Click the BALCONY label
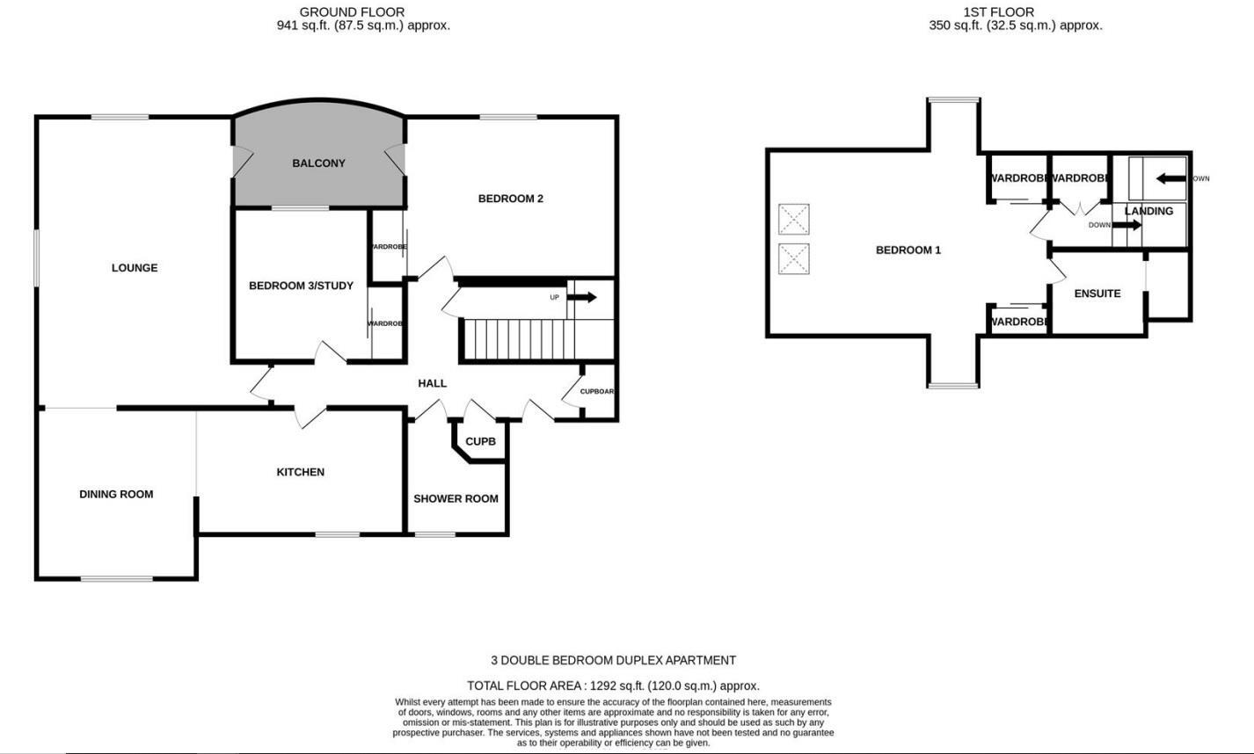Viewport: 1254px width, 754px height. (x=318, y=163)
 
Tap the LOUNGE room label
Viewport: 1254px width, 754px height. (x=135, y=268)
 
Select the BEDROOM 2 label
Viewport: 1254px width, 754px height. (x=510, y=199)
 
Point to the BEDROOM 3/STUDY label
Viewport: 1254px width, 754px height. (x=301, y=286)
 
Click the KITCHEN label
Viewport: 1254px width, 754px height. (x=301, y=473)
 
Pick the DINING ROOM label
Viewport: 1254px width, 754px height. (x=116, y=495)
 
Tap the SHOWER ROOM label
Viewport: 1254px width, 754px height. (x=456, y=499)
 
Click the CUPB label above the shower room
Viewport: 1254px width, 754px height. (x=480, y=442)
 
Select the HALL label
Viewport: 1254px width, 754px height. (x=432, y=383)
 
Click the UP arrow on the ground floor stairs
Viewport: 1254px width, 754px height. (x=581, y=298)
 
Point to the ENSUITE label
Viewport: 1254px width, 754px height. (x=1097, y=294)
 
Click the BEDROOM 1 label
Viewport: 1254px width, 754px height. (x=908, y=250)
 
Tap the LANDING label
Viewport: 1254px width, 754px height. (x=1148, y=212)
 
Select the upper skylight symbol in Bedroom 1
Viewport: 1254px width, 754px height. (x=794, y=219)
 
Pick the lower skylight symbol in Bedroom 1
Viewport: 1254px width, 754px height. (x=794, y=259)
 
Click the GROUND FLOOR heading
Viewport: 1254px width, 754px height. (x=352, y=12)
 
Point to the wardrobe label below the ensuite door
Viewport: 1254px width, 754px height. (x=1018, y=323)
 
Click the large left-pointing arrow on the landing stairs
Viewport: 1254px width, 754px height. (x=1170, y=179)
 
